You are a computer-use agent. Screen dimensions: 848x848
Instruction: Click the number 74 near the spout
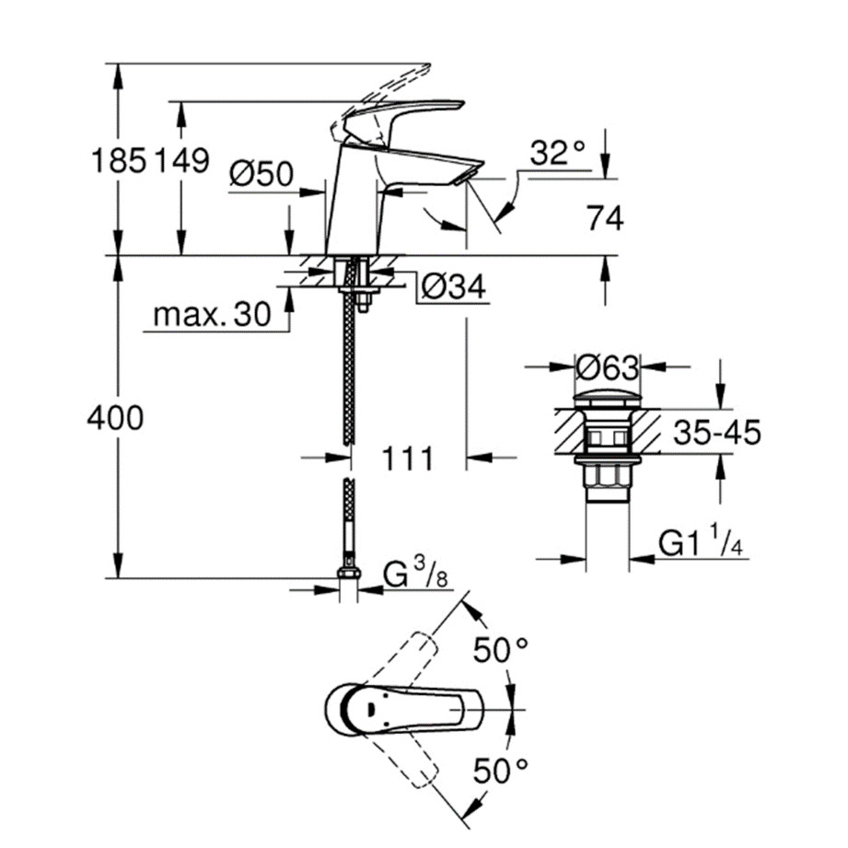point(603,219)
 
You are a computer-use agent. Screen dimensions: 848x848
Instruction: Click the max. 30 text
point(212,316)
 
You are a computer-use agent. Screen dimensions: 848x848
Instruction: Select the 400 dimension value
point(115,419)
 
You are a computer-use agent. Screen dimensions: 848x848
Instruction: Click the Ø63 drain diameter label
point(608,368)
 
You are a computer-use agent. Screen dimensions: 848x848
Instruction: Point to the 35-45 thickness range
point(716,432)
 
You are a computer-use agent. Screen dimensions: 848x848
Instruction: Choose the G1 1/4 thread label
point(701,544)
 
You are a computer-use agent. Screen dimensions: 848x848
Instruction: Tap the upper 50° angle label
point(502,651)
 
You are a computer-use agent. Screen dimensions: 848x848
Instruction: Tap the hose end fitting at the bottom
point(348,576)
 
